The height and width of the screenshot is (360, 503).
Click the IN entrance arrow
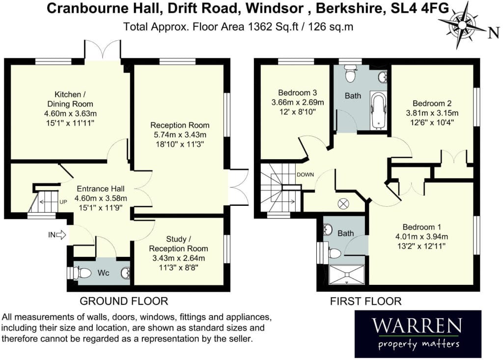61,235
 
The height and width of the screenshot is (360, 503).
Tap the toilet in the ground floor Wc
83,273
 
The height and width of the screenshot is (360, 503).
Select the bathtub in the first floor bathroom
379,111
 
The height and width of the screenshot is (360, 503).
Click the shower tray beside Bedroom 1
347,275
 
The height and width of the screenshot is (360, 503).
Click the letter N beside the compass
494,33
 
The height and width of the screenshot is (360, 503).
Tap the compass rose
462,26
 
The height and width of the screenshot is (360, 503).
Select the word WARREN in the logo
417,325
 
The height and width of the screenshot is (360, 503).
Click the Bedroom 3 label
297,93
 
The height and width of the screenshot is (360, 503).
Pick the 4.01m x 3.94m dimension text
421,237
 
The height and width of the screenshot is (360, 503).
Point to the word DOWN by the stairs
305,175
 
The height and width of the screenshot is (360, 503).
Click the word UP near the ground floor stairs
63,202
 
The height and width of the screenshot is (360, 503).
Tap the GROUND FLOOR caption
124,301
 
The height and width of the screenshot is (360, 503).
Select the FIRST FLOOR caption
365,301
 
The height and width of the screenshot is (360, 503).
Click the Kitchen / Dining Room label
70,99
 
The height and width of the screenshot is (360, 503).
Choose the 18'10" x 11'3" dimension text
180,144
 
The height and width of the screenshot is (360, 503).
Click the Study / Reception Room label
178,244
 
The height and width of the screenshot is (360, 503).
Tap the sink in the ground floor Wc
126,273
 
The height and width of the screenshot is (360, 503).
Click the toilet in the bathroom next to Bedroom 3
350,74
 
